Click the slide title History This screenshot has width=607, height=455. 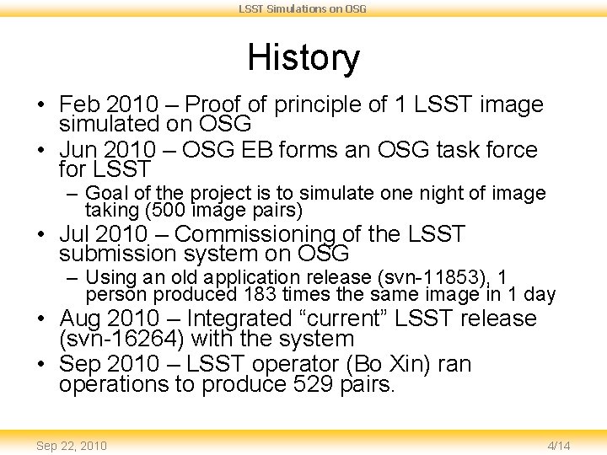click(303, 58)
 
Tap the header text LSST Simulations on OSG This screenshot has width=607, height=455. click(303, 8)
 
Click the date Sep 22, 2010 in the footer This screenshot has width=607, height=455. click(72, 445)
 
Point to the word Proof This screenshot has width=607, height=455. click(211, 105)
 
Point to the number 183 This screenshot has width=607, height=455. click(256, 295)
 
